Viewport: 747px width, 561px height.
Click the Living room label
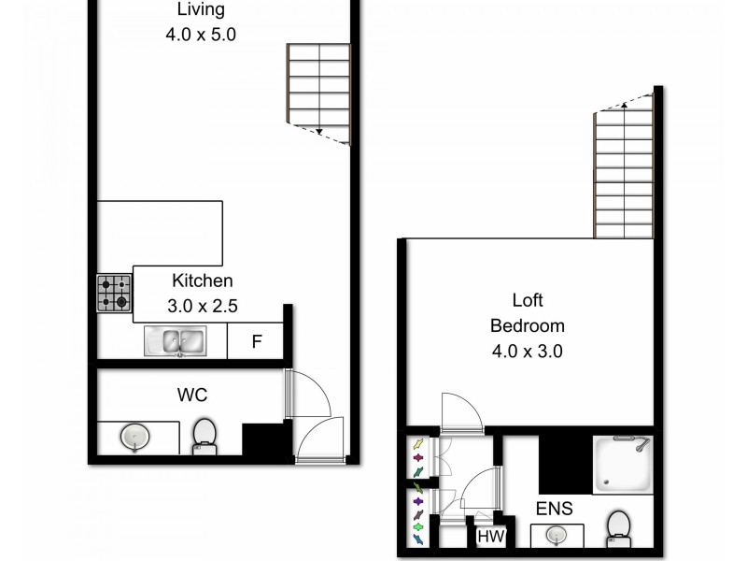pyautogui.click(x=201, y=10)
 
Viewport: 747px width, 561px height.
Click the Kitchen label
pyautogui.click(x=202, y=280)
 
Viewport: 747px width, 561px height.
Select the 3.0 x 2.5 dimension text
pyautogui.click(x=202, y=304)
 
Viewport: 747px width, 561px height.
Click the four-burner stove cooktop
pyautogui.click(x=114, y=293)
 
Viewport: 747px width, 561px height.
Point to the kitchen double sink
pyautogui.click(x=175, y=341)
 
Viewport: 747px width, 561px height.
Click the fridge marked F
pyautogui.click(x=256, y=342)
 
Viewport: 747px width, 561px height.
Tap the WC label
pyautogui.click(x=192, y=396)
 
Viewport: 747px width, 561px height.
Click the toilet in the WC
pyautogui.click(x=204, y=437)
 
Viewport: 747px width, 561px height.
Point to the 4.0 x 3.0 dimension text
pyautogui.click(x=528, y=352)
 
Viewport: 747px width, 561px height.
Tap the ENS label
pyautogui.click(x=554, y=510)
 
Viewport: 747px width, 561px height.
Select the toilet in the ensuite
pyautogui.click(x=617, y=526)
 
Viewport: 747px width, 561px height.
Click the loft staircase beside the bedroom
pyautogui.click(x=623, y=173)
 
